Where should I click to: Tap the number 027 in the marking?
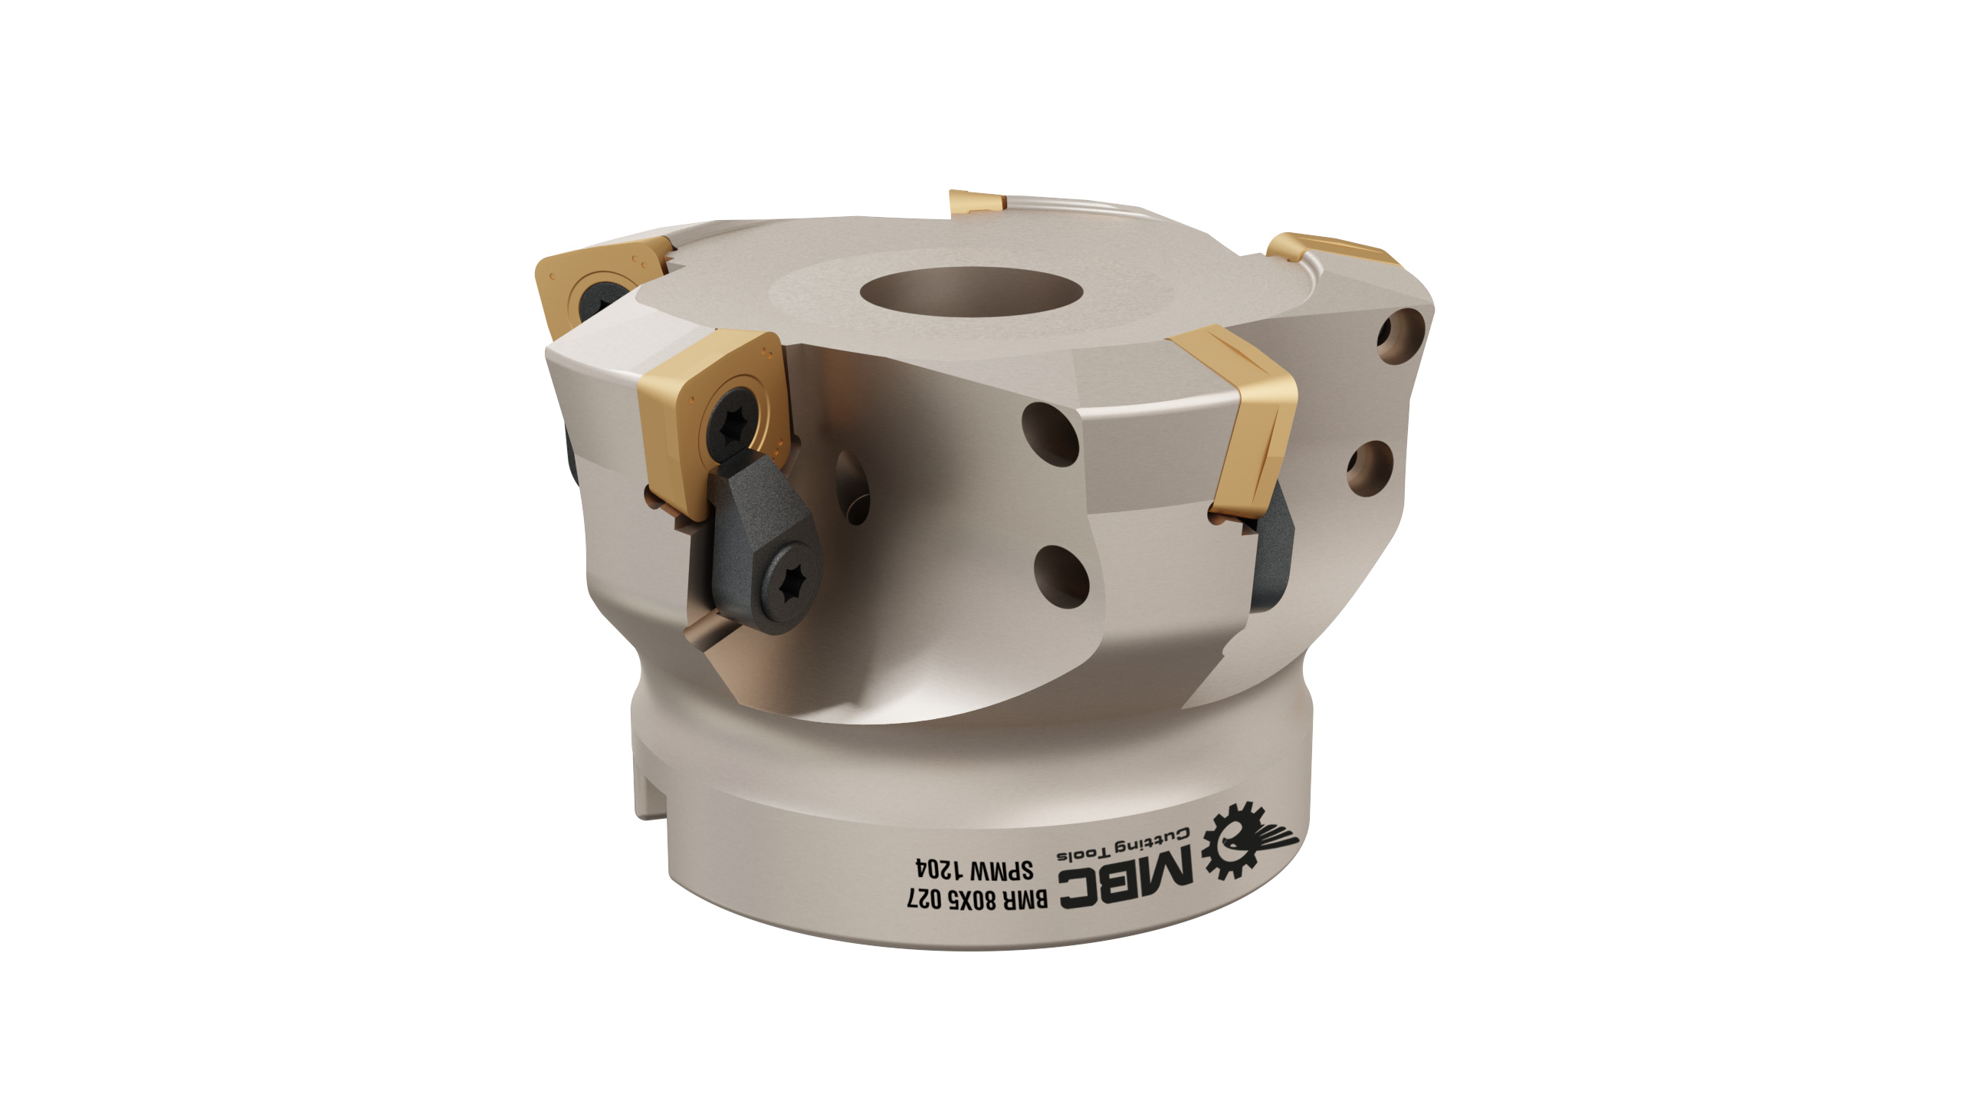924,899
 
